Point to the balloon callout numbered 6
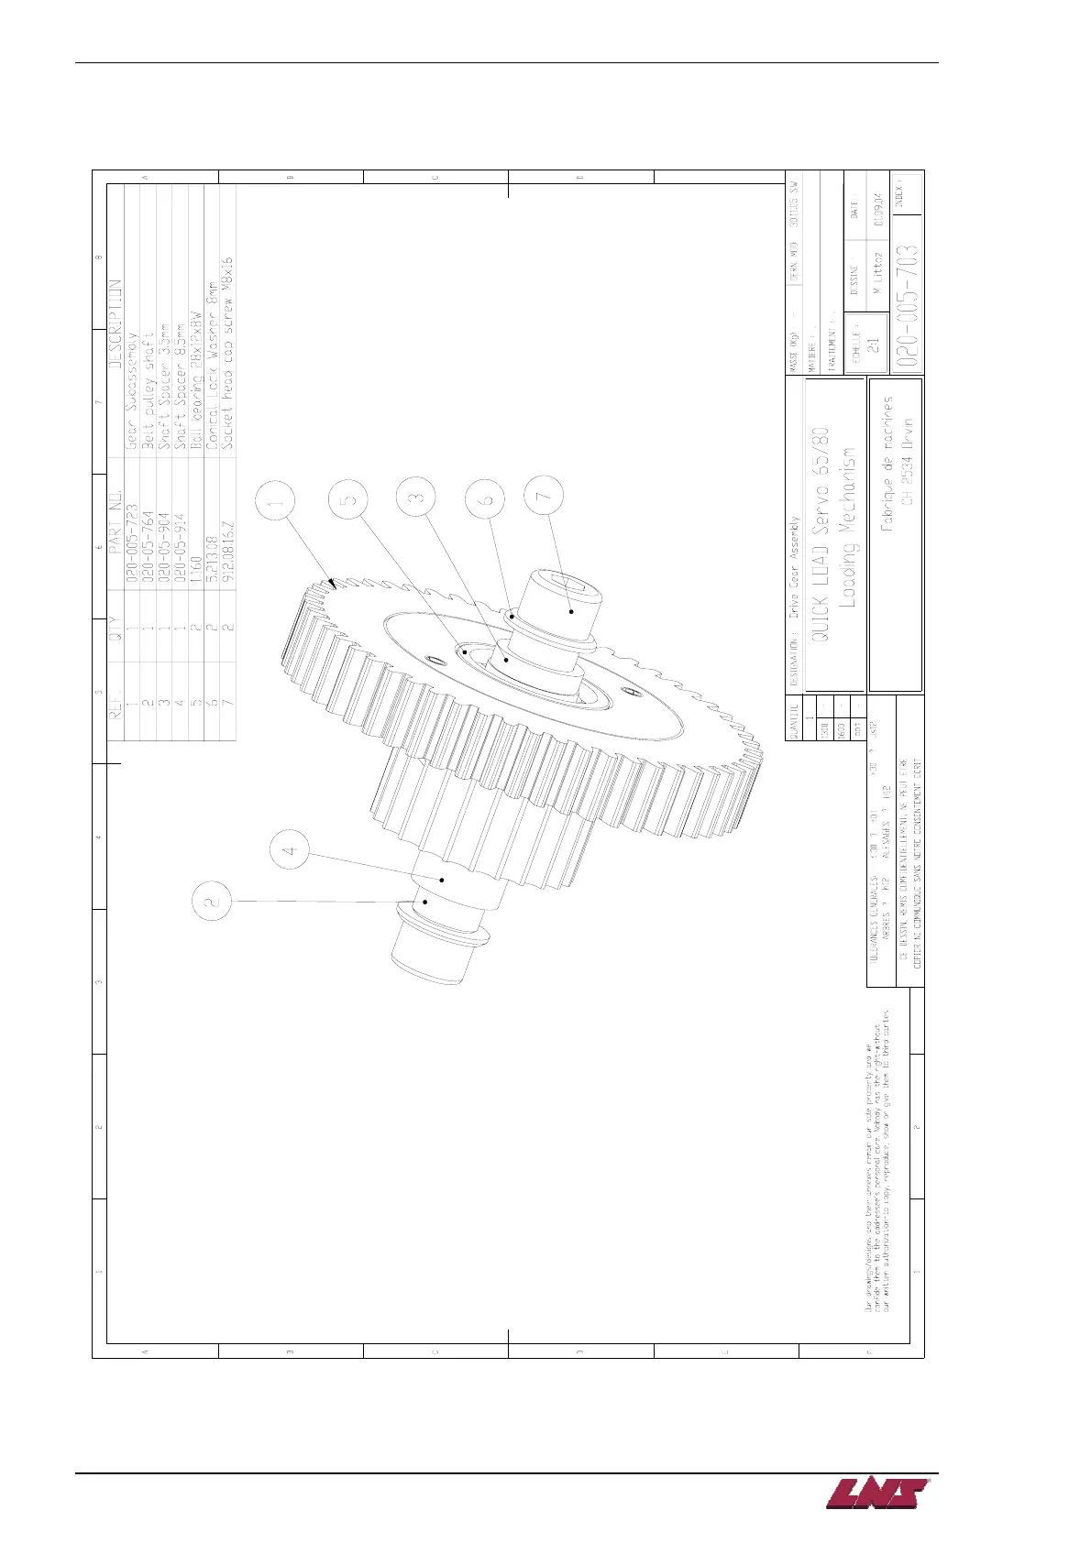[x=486, y=499]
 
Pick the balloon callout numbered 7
[x=544, y=496]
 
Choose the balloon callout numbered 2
[x=212, y=901]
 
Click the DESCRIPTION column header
[x=115, y=323]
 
